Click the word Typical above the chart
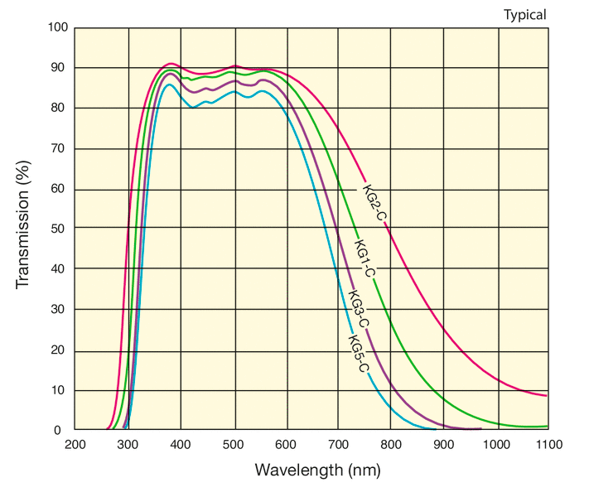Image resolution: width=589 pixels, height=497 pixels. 525,14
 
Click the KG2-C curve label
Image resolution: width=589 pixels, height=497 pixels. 374,202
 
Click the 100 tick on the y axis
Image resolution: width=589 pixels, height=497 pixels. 57,27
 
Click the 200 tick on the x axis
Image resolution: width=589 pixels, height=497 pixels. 75,446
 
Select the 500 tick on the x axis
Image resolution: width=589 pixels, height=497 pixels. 234,446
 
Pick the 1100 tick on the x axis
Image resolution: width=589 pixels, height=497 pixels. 548,446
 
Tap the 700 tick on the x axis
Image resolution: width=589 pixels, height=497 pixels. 339,446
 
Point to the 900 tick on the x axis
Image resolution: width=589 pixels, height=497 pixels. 444,446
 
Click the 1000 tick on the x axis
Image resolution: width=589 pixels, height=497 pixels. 496,446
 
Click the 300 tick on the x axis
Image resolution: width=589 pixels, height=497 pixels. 128,446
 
